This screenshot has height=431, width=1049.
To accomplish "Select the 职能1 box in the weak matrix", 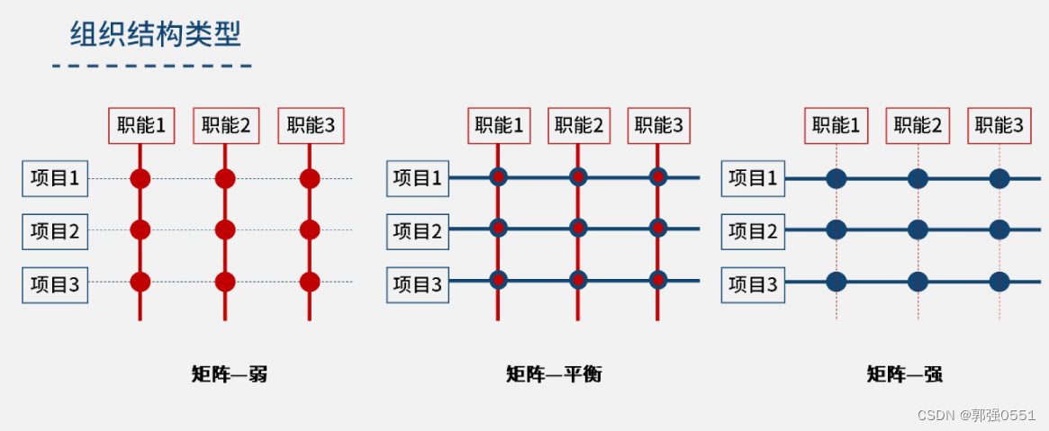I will (x=140, y=126).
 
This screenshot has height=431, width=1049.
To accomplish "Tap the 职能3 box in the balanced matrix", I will (x=658, y=126).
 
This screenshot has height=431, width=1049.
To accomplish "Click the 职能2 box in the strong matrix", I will (x=918, y=126).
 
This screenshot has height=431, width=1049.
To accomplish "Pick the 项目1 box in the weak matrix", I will (x=55, y=178).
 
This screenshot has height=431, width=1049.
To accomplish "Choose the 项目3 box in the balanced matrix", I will (x=418, y=284).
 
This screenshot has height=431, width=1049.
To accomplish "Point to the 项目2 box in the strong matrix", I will (x=752, y=231).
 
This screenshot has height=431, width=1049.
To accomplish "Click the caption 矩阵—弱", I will (x=230, y=373).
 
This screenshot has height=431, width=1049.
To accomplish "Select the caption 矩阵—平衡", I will (x=554, y=373).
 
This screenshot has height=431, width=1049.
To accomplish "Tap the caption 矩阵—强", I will (x=904, y=373).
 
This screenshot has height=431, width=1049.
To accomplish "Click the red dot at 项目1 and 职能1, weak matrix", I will (x=140, y=178).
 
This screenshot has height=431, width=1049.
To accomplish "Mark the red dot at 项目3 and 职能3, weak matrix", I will (x=310, y=282).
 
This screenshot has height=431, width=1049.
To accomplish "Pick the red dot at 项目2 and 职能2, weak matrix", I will (x=225, y=230).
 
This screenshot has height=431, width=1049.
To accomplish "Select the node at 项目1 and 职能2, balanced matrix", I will (x=578, y=177).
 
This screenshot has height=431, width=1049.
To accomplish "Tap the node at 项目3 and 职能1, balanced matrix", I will (x=498, y=280).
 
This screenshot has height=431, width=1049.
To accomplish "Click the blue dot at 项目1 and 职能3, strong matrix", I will (x=999, y=178).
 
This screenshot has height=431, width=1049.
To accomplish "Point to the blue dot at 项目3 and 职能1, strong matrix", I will (x=836, y=282).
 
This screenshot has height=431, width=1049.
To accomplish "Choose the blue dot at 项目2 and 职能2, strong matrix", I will (x=918, y=230).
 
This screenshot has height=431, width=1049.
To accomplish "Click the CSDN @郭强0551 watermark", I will (x=976, y=415).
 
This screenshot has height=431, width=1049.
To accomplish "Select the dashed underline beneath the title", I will (x=151, y=66).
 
